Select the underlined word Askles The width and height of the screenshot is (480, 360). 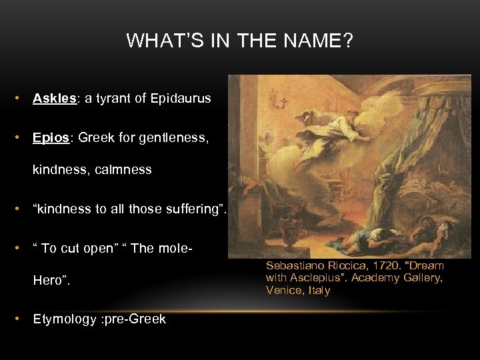pos(55,99)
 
